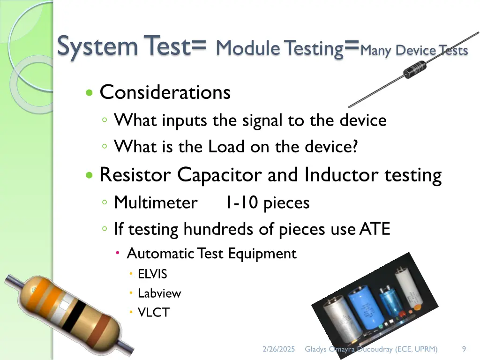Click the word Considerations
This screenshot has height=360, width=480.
coord(165,92)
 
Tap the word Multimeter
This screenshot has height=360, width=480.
coord(156,203)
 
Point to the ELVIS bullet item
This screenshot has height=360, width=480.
coord(152,274)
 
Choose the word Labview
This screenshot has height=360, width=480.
coord(159,293)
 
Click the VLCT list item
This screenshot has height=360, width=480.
coord(153,313)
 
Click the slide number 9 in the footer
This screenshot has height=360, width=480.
coord(464,349)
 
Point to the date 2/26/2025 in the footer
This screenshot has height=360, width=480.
coord(279,349)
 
